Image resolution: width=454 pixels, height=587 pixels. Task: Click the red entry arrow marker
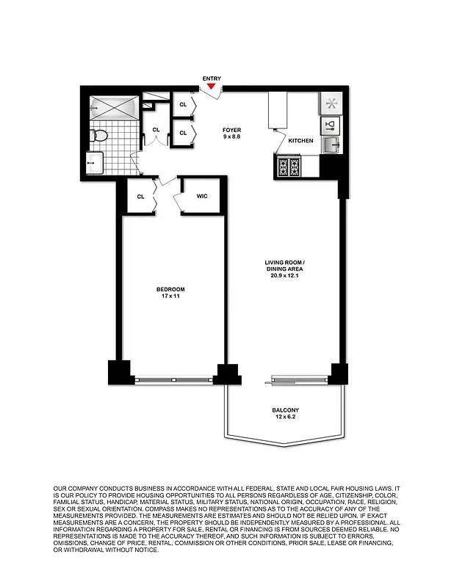(x=212, y=87)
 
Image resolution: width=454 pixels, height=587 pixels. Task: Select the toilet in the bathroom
(x=100, y=135)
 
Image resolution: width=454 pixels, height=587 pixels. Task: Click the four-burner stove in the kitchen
(x=287, y=167)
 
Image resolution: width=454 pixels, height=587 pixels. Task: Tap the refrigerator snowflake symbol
(x=330, y=103)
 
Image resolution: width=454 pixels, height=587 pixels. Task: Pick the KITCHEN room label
(x=300, y=140)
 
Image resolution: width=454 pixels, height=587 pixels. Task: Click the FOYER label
(x=232, y=130)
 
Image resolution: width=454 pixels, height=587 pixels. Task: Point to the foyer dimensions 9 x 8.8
(x=232, y=137)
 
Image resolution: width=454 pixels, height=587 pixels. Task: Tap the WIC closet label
(x=203, y=196)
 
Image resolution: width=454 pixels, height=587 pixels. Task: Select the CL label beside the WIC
(x=140, y=196)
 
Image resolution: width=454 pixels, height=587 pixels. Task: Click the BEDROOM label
(x=170, y=289)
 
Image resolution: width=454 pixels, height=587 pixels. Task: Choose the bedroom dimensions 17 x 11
(x=170, y=296)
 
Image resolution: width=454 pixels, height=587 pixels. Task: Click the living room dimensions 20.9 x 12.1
(x=284, y=276)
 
